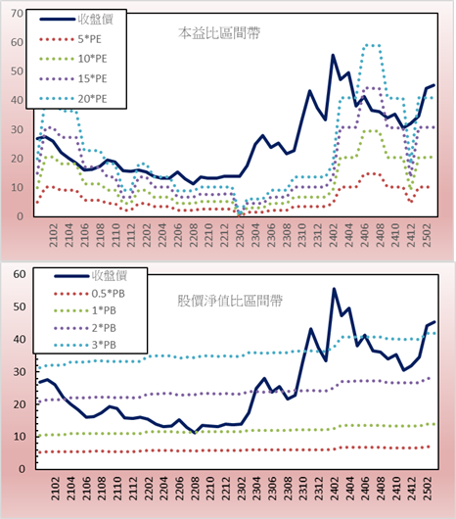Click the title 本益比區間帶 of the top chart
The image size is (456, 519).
[x=219, y=33]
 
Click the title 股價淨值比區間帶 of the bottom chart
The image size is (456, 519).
[x=230, y=301]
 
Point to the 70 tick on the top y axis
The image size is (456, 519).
[x=18, y=14]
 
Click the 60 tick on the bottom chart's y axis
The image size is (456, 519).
[x=20, y=274]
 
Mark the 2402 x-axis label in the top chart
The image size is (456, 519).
[x=333, y=235]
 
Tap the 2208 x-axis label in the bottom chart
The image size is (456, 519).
[x=195, y=489]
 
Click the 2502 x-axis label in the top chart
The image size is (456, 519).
[x=427, y=235]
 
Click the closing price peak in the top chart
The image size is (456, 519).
[x=333, y=55]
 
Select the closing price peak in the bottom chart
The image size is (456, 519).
[x=334, y=289]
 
